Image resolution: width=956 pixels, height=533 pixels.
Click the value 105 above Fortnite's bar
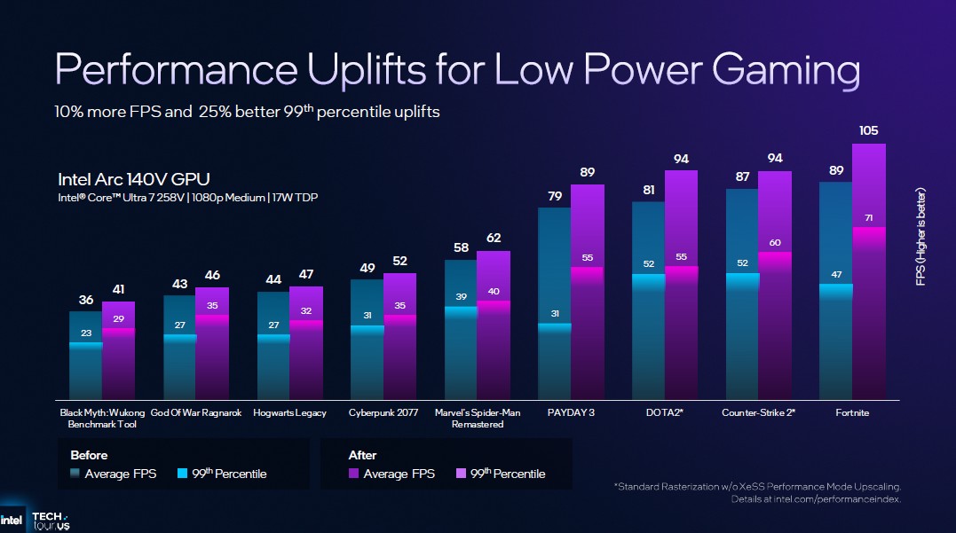pyautogui.click(x=868, y=131)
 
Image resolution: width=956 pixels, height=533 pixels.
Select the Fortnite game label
pyautogui.click(x=852, y=412)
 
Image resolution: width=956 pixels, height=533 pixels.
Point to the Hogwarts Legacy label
pyautogui.click(x=289, y=412)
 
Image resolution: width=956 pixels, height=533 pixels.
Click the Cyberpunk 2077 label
pyautogui.click(x=383, y=412)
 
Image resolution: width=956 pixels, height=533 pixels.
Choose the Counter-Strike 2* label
pyautogui.click(x=758, y=412)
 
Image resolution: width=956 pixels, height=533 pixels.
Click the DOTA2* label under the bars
pyautogui.click(x=665, y=412)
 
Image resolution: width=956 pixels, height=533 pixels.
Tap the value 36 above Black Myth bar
pyautogui.click(x=86, y=301)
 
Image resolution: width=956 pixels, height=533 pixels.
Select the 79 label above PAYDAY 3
pyautogui.click(x=554, y=196)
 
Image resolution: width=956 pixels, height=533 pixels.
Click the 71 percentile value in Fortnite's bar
pyautogui.click(x=868, y=216)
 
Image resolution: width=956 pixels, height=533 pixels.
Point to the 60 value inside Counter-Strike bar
pyautogui.click(x=774, y=242)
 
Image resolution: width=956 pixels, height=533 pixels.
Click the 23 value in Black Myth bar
pyautogui.click(x=86, y=333)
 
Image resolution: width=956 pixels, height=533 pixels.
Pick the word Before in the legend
pyautogui.click(x=89, y=455)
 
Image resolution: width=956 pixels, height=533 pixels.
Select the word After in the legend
pyautogui.click(x=363, y=455)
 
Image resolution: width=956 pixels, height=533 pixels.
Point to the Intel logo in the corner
pyautogui.click(x=12, y=519)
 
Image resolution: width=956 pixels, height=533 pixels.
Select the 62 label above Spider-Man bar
pyautogui.click(x=494, y=238)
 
